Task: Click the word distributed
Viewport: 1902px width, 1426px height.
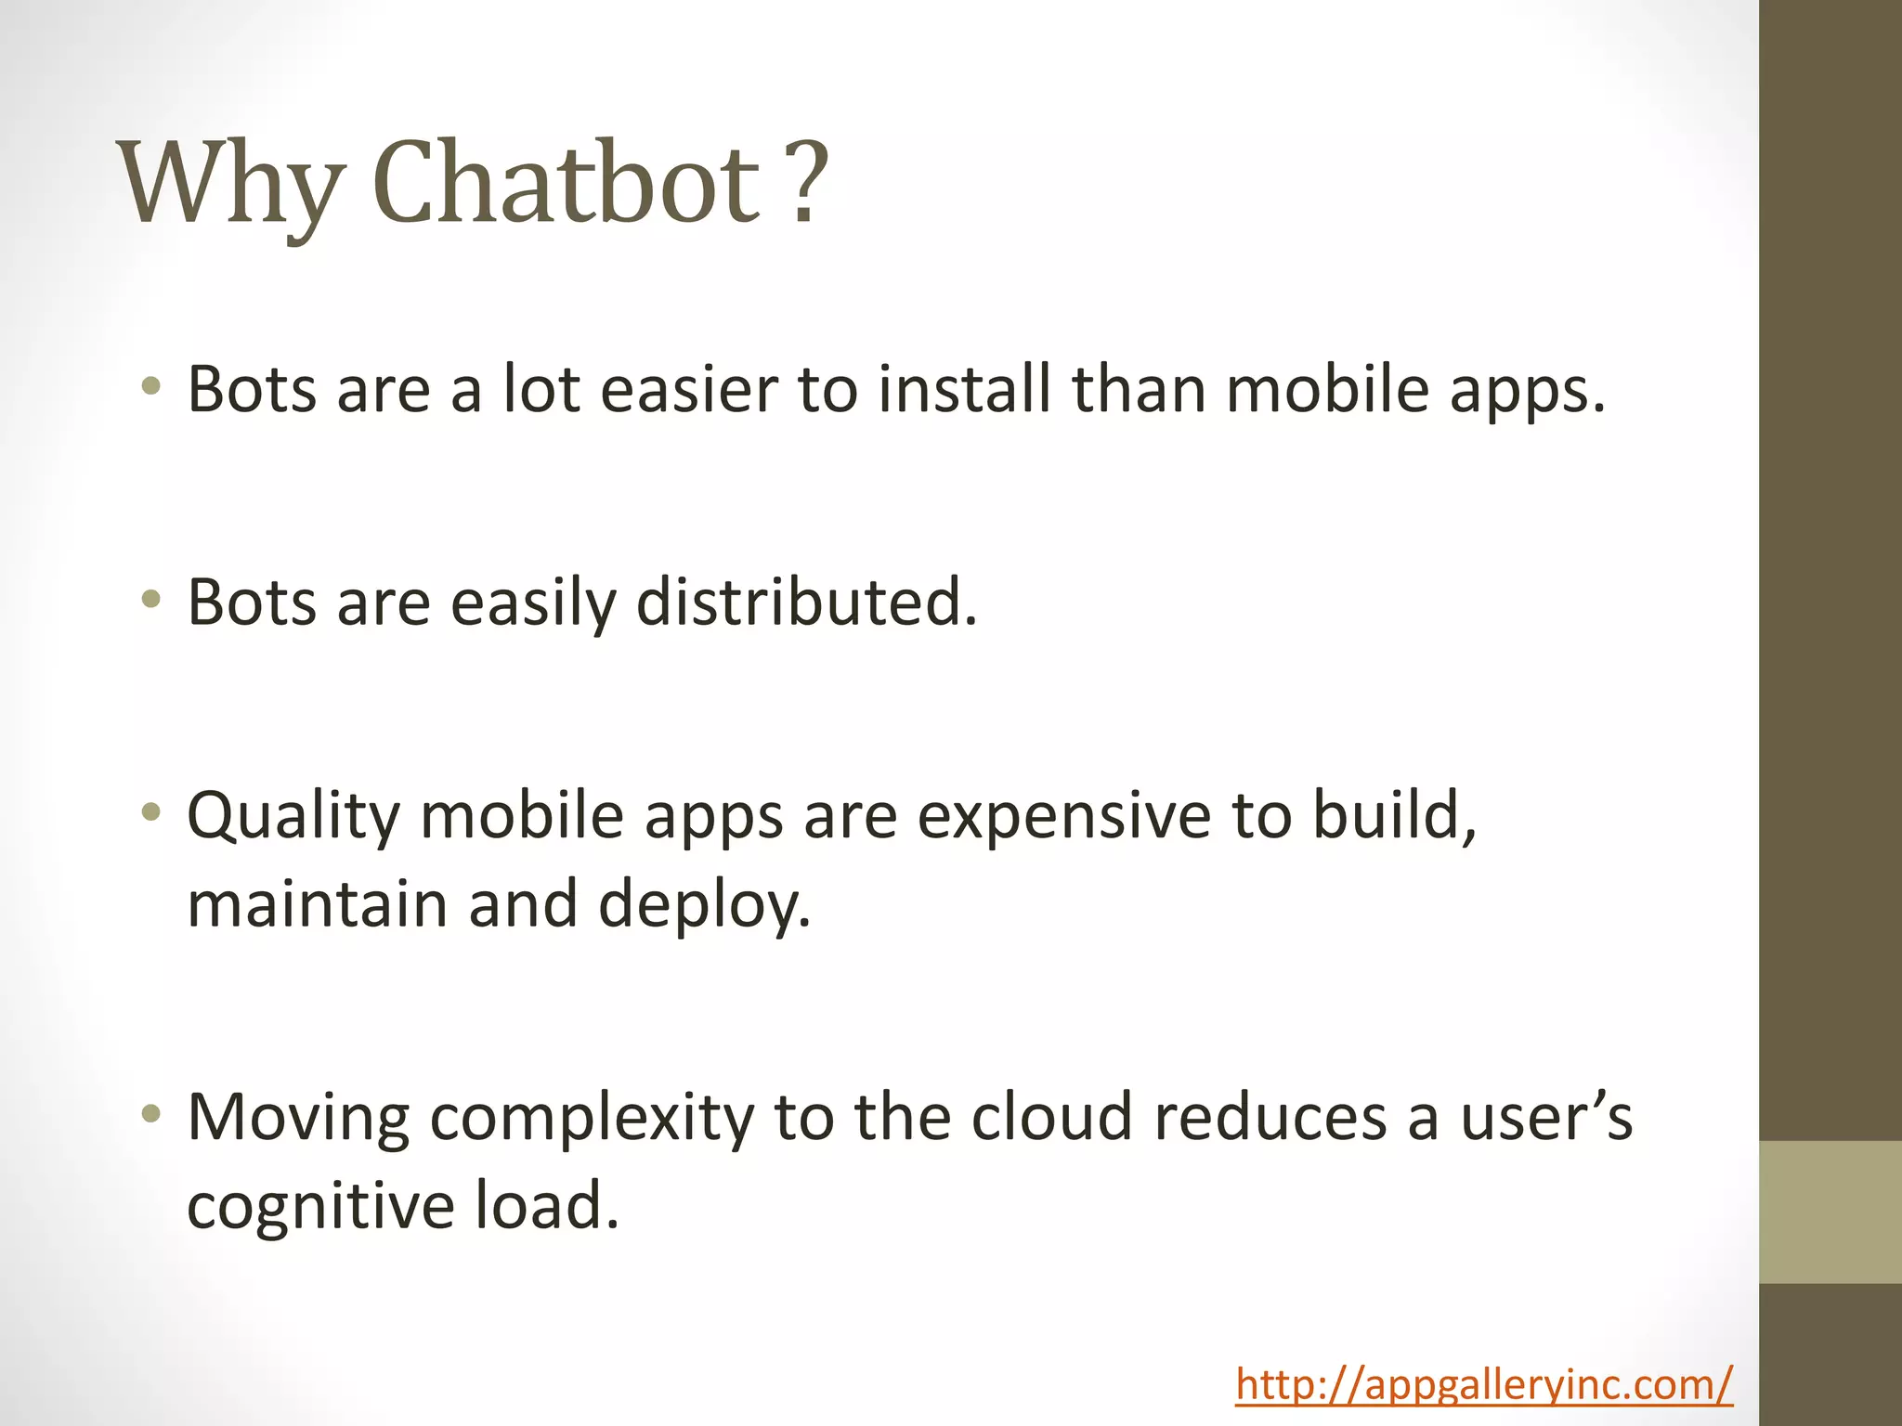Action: pos(806,603)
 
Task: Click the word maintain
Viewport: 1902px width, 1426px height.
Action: pos(317,904)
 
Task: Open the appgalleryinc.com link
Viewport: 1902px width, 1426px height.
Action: pos(1483,1384)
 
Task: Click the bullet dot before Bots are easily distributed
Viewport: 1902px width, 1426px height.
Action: pos(151,601)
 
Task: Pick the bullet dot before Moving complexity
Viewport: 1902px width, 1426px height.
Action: pos(151,1114)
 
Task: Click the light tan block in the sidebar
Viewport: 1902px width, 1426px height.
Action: pos(1830,1212)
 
